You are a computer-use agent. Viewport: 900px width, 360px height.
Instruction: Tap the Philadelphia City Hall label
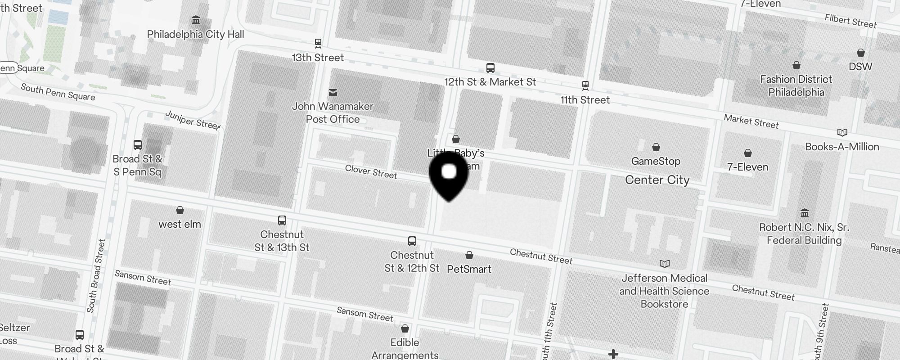point(195,35)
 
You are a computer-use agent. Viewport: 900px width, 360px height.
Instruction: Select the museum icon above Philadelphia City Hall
point(196,20)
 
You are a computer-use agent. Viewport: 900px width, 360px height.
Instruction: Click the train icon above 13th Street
point(318,44)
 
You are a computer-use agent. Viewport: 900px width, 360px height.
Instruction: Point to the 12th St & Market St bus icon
point(490,68)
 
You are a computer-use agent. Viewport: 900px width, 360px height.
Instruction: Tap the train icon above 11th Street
point(585,85)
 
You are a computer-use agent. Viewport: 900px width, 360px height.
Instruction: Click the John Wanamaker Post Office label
point(333,112)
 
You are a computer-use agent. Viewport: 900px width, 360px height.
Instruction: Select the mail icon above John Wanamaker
point(333,92)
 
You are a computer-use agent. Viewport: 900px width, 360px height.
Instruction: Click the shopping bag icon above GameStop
point(656,147)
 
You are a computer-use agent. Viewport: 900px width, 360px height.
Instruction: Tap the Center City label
point(657,180)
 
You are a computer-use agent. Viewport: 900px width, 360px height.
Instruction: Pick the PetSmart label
point(469,269)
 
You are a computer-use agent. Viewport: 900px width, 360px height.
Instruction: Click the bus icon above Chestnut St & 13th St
point(282,220)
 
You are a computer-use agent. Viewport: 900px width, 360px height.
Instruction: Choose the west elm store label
point(180,224)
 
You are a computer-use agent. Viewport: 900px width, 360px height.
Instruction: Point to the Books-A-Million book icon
point(842,133)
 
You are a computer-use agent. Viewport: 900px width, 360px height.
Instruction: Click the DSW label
point(860,67)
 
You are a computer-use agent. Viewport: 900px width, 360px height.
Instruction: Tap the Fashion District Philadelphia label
point(796,85)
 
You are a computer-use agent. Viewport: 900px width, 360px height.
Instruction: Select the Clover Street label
point(371,171)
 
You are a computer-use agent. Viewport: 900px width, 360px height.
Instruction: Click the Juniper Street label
point(193,120)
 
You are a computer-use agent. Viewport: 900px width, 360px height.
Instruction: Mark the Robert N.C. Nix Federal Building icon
point(805,213)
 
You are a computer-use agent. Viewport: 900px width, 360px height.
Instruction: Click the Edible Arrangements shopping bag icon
point(405,328)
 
